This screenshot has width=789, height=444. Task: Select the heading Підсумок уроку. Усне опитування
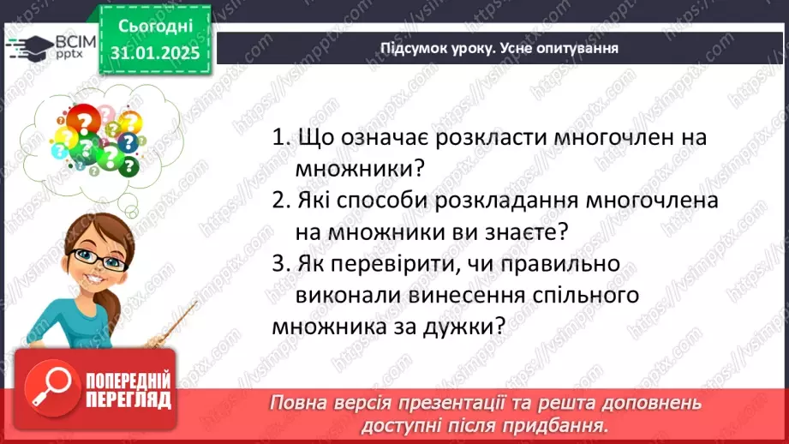click(x=499, y=48)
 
